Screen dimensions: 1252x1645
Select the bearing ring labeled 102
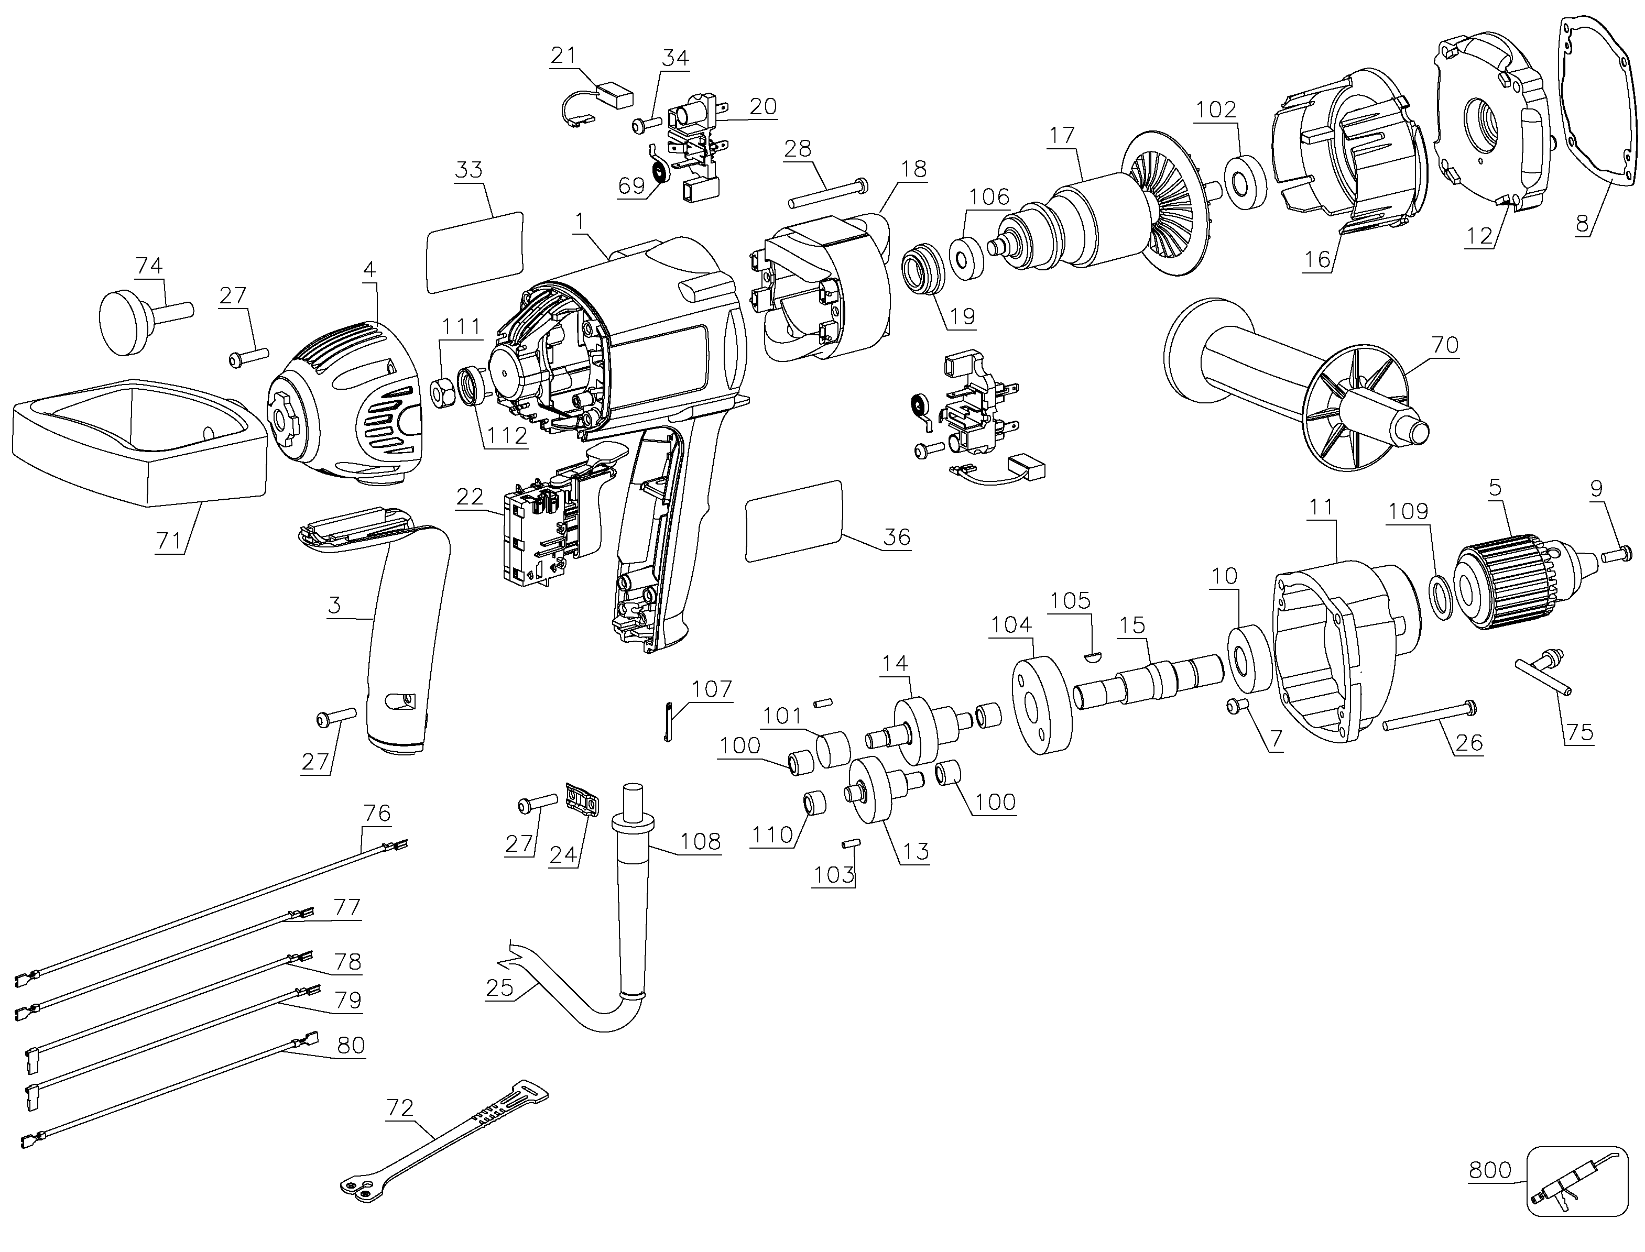click(x=1245, y=183)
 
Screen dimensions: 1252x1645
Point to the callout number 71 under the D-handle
click(x=168, y=540)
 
